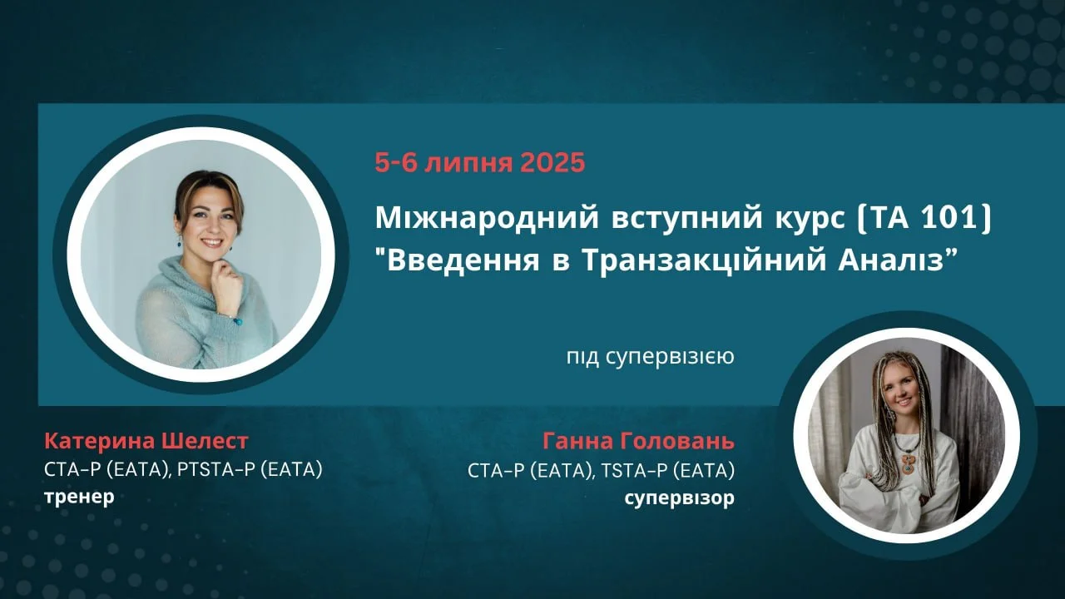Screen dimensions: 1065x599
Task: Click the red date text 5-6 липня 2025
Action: tap(480, 162)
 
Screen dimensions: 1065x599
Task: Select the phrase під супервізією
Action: tap(650, 357)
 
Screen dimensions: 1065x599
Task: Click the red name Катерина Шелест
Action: tap(146, 441)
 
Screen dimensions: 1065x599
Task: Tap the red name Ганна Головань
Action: tap(638, 441)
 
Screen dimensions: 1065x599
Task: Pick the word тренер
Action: tap(79, 497)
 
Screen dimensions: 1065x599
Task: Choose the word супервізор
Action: tap(680, 498)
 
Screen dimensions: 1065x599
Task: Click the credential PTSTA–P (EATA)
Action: tap(250, 470)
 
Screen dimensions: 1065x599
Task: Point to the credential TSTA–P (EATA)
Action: tap(668, 471)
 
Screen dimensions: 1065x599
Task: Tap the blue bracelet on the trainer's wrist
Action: tap(237, 321)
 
